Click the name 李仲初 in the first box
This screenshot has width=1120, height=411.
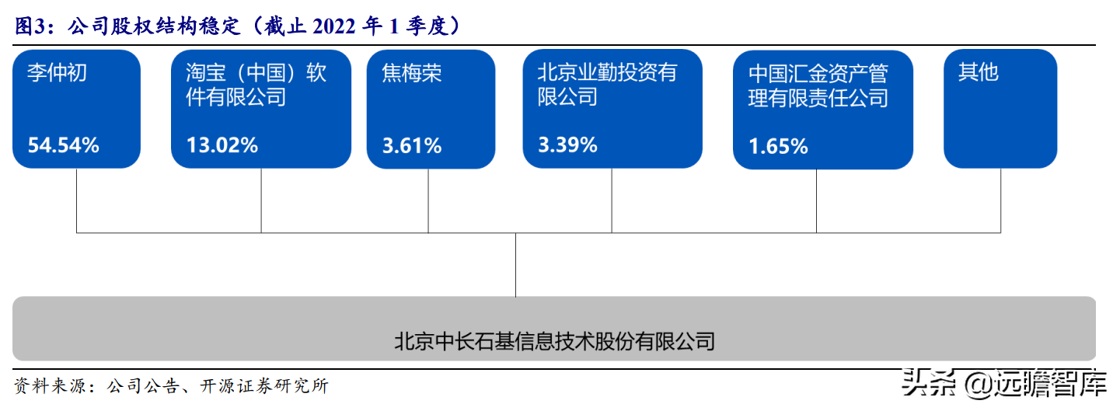57,73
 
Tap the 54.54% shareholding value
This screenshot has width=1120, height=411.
63,145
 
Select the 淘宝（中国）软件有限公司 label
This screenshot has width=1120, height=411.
256,85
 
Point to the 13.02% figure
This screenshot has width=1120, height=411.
222,145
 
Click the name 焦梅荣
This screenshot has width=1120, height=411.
412,73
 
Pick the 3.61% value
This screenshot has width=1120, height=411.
412,145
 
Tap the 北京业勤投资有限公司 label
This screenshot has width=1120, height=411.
607,85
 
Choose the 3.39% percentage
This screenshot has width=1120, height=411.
567,144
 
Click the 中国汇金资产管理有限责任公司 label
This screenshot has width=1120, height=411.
818,85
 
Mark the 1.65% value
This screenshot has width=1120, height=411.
778,145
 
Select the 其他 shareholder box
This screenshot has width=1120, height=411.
1000,109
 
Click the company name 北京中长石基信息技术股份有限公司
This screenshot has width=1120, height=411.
554,341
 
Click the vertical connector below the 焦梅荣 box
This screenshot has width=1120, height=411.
428,200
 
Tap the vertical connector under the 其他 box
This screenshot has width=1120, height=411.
1000,200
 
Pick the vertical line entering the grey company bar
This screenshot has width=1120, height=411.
515,264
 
